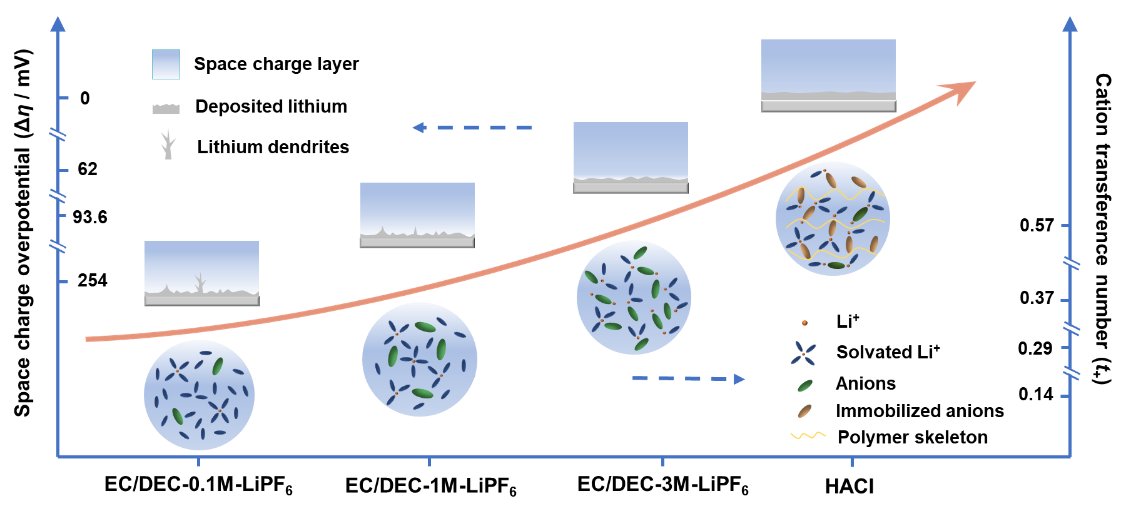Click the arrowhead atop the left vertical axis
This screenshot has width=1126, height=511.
pos(58,24)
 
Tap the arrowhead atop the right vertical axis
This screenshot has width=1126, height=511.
pos(1070,24)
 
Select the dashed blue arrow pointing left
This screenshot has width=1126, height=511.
pos(472,128)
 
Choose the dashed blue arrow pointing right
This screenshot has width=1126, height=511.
pos(688,378)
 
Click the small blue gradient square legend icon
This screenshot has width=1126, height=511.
pos(166,64)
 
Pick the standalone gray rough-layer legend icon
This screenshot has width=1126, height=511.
pos(166,109)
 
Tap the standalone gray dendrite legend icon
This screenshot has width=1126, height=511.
pos(167,144)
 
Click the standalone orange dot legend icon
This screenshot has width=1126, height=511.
pos(804,323)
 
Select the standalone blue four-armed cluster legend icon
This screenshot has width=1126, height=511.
pos(803,353)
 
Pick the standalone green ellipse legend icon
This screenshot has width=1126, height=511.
pos(805,386)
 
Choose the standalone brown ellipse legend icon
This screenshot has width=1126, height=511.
pos(804,411)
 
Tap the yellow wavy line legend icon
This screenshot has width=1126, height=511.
pos(808,435)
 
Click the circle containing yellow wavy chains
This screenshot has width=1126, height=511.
pos(833,218)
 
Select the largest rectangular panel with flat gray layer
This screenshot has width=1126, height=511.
pos(828,76)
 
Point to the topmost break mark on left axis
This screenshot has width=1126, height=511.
pos(58,134)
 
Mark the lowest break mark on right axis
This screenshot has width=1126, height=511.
pos(1072,373)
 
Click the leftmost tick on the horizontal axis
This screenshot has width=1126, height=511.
pos(199,461)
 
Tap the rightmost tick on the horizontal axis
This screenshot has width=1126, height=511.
pos(852,461)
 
